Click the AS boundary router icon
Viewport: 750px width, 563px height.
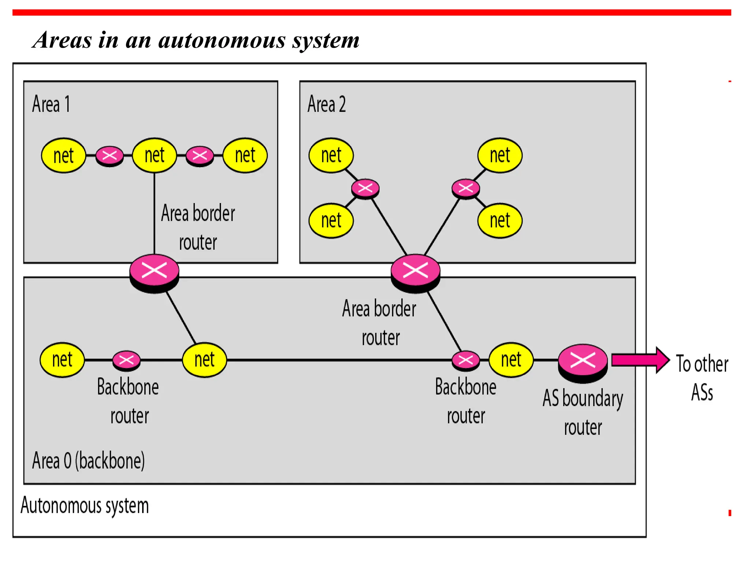point(583,362)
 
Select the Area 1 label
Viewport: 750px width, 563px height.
point(51,104)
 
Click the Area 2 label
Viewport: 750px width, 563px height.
point(326,104)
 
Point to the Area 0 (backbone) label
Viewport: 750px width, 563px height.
point(88,461)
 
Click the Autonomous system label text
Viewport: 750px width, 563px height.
point(85,506)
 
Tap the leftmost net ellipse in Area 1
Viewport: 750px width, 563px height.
point(63,155)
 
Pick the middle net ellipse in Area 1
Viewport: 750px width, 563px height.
point(154,155)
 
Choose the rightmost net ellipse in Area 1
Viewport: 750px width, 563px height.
point(245,155)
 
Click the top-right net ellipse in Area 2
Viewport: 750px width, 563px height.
point(500,155)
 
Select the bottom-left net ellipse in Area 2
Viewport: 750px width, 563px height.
point(331,221)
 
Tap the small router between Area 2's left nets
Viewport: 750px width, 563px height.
point(365,189)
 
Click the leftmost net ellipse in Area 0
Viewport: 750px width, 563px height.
point(62,360)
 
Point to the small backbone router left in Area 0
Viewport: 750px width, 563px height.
point(126,360)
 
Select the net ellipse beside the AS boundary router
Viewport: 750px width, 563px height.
point(511,360)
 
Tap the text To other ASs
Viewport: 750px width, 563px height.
point(702,378)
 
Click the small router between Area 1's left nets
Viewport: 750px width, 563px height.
point(109,156)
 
